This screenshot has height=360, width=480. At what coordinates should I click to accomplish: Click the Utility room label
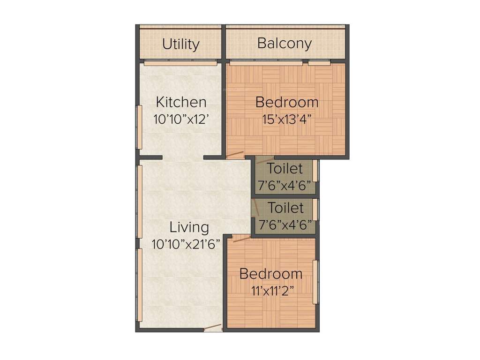tap(181, 44)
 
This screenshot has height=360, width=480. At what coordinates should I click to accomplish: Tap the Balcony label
tap(285, 44)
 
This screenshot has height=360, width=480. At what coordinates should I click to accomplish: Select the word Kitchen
tap(181, 102)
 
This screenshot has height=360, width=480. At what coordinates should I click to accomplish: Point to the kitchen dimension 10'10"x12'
tap(181, 119)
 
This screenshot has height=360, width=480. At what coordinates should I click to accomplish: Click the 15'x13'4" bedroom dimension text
tap(287, 119)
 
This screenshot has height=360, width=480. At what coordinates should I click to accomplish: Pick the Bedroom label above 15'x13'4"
tap(287, 102)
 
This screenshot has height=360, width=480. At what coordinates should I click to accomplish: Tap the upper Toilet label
tap(285, 168)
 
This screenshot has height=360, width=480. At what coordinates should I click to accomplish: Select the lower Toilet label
tap(285, 207)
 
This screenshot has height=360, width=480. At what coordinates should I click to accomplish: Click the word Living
tap(189, 227)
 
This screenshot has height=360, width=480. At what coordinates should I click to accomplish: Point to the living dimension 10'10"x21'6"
tap(186, 244)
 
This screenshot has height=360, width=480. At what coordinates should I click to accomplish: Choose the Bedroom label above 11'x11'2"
tap(271, 273)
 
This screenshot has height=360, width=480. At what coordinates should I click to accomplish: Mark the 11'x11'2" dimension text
tap(272, 291)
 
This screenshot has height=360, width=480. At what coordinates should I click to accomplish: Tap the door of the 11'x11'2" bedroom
tap(241, 239)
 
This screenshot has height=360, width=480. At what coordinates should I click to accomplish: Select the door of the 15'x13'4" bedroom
tap(235, 155)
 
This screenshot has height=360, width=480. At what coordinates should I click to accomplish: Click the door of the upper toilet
tap(265, 160)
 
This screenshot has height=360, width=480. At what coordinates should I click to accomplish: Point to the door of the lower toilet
tap(256, 208)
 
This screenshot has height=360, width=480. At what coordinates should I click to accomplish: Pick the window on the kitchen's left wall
tap(139, 127)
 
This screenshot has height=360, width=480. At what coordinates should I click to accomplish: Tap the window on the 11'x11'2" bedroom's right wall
tap(316, 281)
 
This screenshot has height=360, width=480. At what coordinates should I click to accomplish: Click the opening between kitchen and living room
tap(183, 157)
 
